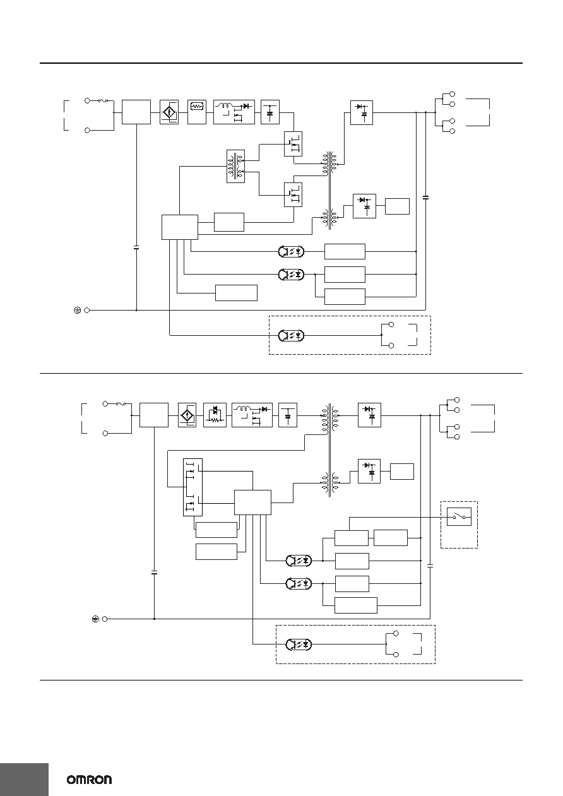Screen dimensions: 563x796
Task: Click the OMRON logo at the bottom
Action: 89,780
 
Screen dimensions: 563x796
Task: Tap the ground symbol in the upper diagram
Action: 77,310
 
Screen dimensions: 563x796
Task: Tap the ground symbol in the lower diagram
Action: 95,619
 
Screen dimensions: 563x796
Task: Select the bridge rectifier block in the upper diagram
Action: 169,112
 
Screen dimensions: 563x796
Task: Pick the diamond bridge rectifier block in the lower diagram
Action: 187,415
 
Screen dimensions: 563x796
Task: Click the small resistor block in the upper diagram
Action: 197,112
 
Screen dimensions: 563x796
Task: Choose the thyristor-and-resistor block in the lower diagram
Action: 215,415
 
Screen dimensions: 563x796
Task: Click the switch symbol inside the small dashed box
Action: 459,516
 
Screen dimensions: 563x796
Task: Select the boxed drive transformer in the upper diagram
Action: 236,166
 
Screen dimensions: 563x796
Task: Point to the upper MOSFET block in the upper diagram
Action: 293,144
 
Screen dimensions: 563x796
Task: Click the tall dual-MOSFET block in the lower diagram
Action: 193,487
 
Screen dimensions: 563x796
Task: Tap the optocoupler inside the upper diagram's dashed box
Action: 291,335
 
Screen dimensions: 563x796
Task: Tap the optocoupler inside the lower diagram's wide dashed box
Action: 299,645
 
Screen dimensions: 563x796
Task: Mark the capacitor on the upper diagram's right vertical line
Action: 426,197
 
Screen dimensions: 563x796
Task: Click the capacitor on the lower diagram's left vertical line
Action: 154,573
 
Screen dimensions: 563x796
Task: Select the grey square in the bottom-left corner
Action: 24,780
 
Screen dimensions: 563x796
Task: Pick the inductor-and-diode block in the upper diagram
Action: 234,112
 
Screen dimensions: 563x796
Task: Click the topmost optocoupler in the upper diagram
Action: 291,252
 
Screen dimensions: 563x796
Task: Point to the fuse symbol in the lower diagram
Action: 121,404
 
